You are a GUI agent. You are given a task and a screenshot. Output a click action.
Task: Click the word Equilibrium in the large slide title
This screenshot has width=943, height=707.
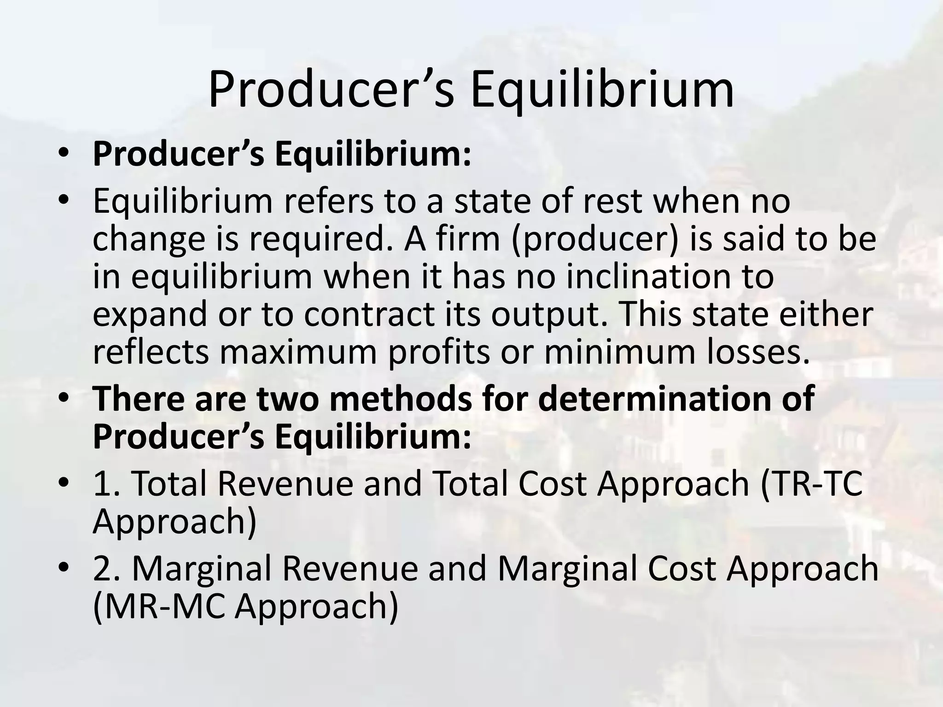tap(602, 90)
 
